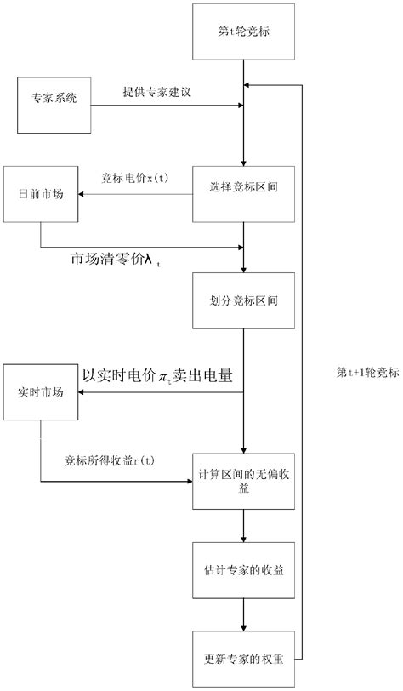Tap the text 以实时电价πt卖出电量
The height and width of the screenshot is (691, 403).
pos(158,374)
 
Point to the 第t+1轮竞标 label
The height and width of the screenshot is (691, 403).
pos(365,371)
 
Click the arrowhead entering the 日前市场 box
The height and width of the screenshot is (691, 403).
pos(82,195)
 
